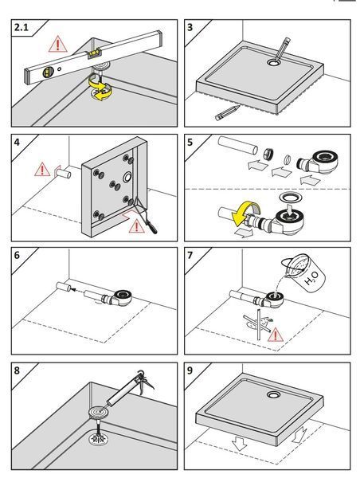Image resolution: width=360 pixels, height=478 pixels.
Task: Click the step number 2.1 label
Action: (22, 27)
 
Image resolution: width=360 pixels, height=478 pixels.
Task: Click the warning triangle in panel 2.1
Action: (57, 45)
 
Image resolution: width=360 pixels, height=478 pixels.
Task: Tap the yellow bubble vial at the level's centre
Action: (94, 53)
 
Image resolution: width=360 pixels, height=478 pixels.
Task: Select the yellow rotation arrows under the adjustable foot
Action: (100, 87)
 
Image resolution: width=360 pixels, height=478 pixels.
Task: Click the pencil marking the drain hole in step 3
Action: (282, 48)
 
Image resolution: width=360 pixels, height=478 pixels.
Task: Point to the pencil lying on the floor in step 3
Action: (227, 112)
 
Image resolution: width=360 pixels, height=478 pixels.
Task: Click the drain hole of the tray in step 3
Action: (274, 63)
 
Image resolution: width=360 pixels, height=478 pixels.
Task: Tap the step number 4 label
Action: (17, 142)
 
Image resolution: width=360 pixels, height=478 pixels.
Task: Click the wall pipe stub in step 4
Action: (65, 174)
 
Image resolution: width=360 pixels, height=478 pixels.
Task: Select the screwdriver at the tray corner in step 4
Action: (146, 217)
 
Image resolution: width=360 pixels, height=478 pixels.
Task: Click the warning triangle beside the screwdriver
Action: (136, 226)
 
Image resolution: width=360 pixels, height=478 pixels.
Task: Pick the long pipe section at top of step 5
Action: (238, 146)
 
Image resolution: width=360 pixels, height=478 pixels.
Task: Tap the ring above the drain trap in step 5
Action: (291, 197)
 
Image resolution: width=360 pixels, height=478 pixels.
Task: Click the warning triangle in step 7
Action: (276, 335)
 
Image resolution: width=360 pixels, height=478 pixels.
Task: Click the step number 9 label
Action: (190, 370)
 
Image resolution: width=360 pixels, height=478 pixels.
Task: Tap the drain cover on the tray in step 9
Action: (274, 395)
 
